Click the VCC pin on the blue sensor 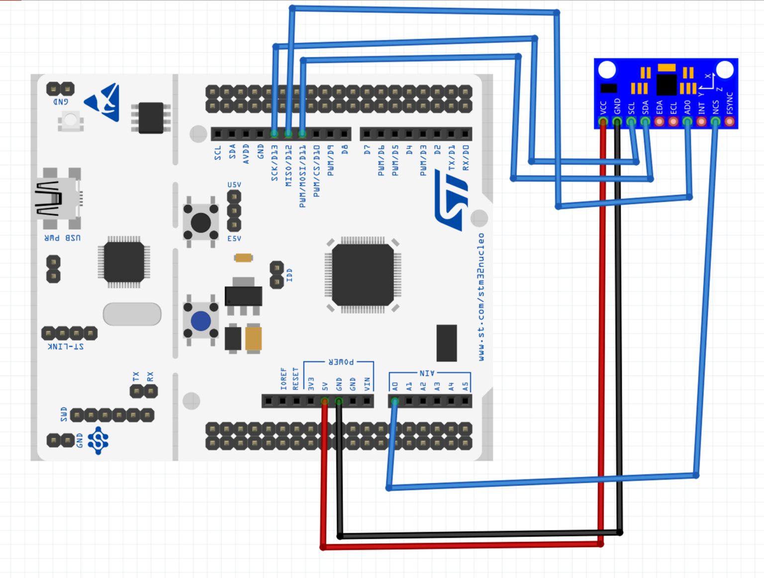click(x=603, y=121)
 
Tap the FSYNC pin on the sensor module click(x=730, y=121)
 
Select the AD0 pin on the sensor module click(x=687, y=121)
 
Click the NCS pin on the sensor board click(x=715, y=121)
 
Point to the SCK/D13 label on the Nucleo click(x=275, y=163)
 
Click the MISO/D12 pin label click(x=288, y=166)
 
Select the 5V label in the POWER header click(x=325, y=386)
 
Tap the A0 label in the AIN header click(x=395, y=386)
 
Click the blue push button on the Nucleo click(x=200, y=321)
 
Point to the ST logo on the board click(x=452, y=200)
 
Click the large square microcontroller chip click(x=363, y=274)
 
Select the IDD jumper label click(x=289, y=275)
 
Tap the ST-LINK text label click(x=66, y=346)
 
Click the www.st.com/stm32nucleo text click(x=481, y=297)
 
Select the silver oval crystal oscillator click(x=132, y=314)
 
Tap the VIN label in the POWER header click(x=367, y=384)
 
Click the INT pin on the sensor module click(x=701, y=121)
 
